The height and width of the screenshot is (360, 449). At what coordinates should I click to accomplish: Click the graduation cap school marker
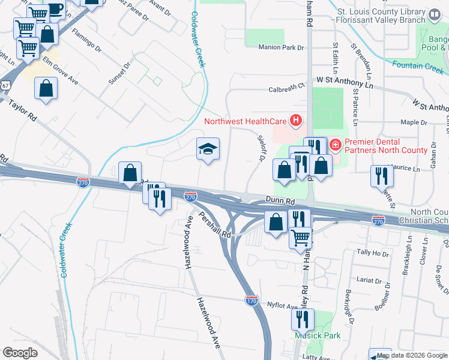pos(208,150)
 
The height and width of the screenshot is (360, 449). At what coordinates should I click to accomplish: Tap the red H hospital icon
pos(295,121)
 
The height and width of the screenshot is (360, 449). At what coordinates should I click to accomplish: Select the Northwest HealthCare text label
pos(246,121)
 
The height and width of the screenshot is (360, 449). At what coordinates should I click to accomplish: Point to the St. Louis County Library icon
pos(434,13)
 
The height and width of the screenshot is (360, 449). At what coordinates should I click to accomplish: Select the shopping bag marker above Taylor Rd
pos(46,90)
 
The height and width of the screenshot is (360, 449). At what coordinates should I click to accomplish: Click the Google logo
pos(20,353)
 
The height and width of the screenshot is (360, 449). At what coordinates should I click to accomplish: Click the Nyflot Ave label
pos(283,306)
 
